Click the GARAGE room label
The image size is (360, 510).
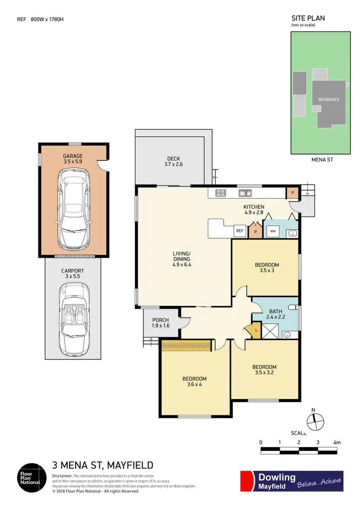click(73, 156)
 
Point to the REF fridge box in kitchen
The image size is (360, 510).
click(240, 231)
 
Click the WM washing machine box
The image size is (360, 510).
click(272, 231)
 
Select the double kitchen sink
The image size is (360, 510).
click(245, 193)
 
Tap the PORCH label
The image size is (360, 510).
click(160, 321)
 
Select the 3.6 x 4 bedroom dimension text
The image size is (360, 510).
click(194, 385)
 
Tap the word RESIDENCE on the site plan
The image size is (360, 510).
click(329, 99)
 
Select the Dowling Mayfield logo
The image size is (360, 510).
click(291, 481)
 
